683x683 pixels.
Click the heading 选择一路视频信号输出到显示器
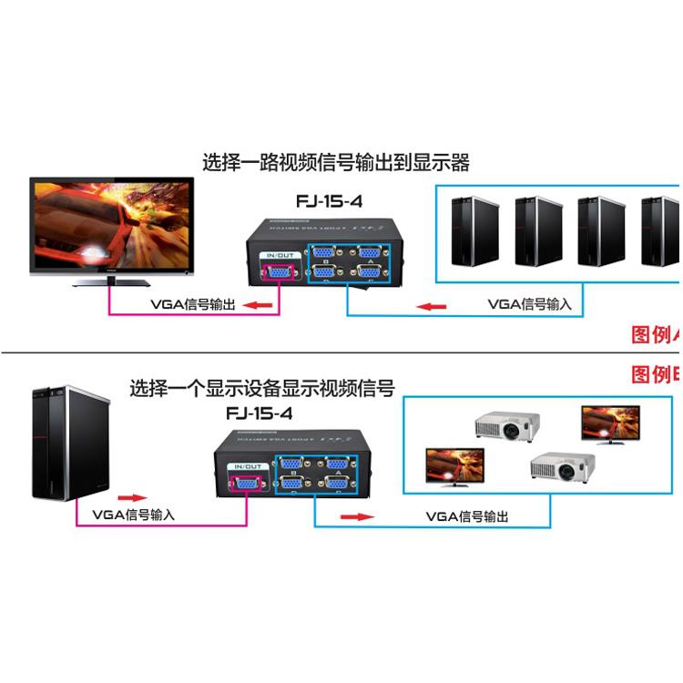pos(336,163)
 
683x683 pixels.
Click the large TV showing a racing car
pos(110,228)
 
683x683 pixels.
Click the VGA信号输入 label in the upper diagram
pos(529,304)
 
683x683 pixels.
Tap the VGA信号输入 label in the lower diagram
pos(133,515)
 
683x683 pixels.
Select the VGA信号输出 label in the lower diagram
pos(466,516)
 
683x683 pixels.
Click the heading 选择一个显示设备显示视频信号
pos(262,389)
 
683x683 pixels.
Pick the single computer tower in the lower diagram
pos(70,443)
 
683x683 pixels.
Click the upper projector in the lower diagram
pos(506,424)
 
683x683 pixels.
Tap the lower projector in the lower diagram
pos(562,467)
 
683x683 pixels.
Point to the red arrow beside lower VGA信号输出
pos(357,516)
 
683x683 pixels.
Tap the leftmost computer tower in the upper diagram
pos(475,230)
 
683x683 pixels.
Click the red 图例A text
pos(656,334)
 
